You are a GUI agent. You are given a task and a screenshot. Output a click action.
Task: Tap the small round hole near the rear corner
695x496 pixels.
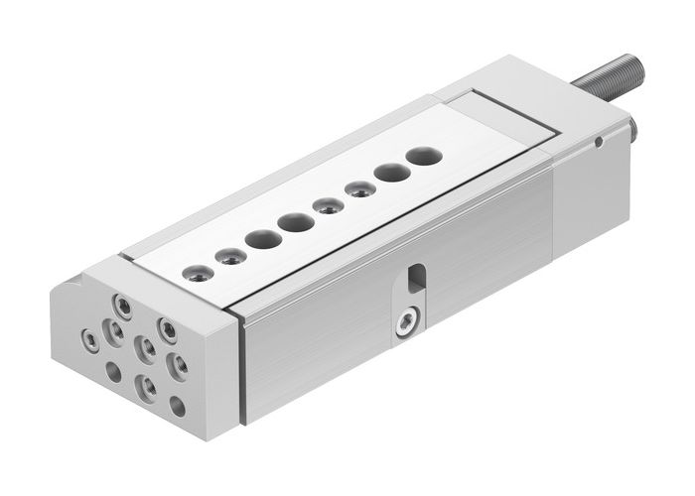(x=598, y=141)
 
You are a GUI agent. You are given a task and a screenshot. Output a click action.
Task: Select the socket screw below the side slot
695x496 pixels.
(x=405, y=323)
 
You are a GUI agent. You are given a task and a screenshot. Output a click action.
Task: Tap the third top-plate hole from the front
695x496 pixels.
(x=263, y=239)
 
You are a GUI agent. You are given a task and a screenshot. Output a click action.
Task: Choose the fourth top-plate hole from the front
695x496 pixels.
(x=293, y=222)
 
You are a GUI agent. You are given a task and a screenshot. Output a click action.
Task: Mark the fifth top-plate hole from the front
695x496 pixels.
(x=325, y=205)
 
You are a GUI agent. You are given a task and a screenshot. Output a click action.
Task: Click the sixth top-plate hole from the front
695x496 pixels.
(x=356, y=188)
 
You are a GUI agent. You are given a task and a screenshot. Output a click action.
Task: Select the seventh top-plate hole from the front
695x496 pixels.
(x=388, y=171)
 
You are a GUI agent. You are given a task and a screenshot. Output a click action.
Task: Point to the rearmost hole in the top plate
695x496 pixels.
(x=421, y=155)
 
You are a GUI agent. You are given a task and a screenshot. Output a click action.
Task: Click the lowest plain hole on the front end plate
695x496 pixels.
(x=177, y=406)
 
